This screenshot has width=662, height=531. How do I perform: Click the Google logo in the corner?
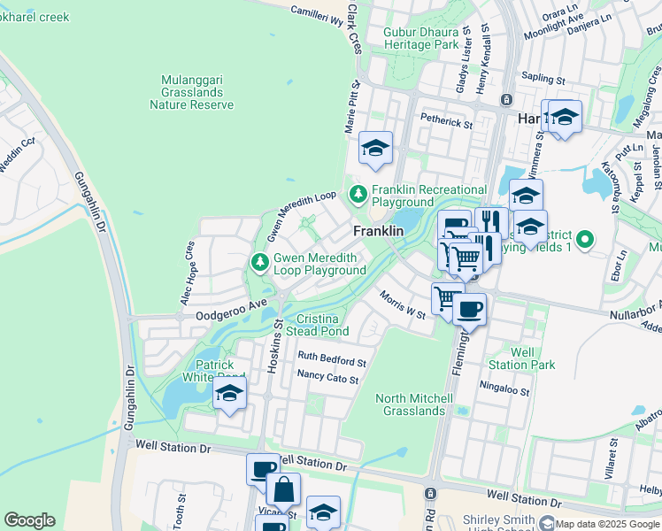click(x=29, y=520)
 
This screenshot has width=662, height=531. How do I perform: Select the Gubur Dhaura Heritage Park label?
click(x=421, y=38)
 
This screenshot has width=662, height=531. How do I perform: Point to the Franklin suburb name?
click(x=379, y=231)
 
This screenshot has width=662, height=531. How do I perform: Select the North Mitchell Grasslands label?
click(x=410, y=404)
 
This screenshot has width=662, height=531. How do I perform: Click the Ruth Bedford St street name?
click(x=332, y=361)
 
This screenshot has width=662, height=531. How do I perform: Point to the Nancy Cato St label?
click(x=327, y=379)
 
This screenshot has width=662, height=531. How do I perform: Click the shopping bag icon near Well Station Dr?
click(x=283, y=489)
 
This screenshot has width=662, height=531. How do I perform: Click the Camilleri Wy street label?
click(x=318, y=12)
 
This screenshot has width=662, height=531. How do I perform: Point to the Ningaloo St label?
click(x=504, y=388)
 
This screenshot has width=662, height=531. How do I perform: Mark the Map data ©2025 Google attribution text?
click(x=606, y=524)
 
